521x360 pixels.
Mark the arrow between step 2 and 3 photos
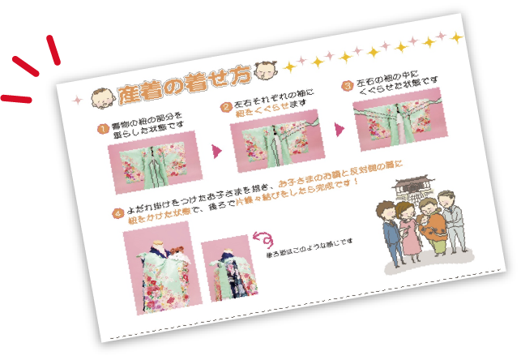pyautogui.click(x=340, y=128)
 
